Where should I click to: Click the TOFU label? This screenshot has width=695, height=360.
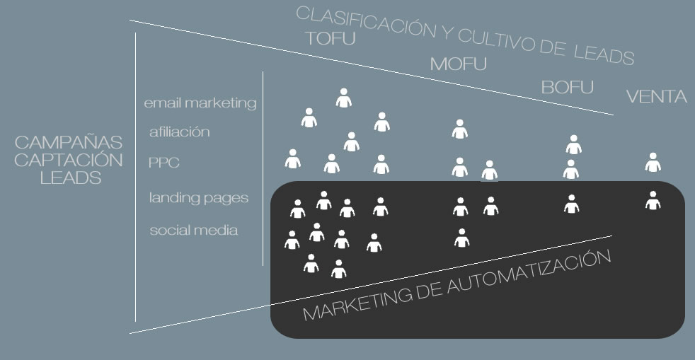click(329, 38)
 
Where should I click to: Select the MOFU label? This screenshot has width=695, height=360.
click(459, 64)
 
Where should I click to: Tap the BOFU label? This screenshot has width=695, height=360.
click(567, 88)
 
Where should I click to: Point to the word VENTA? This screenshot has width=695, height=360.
click(656, 97)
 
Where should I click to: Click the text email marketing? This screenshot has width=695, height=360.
click(200, 103)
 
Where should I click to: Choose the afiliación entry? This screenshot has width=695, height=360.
click(180, 132)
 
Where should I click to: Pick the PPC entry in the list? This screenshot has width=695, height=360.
click(163, 163)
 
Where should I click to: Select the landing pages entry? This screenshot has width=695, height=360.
click(199, 197)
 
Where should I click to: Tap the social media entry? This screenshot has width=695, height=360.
click(193, 231)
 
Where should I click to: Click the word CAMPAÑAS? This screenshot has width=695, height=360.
click(68, 143)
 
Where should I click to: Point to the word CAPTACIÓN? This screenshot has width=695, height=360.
click(68, 161)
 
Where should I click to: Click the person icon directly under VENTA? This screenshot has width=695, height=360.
click(653, 162)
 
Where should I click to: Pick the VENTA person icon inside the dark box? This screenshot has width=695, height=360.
click(653, 200)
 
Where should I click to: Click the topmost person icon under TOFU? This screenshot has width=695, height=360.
click(344, 98)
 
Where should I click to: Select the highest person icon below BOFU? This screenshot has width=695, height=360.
click(573, 144)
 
